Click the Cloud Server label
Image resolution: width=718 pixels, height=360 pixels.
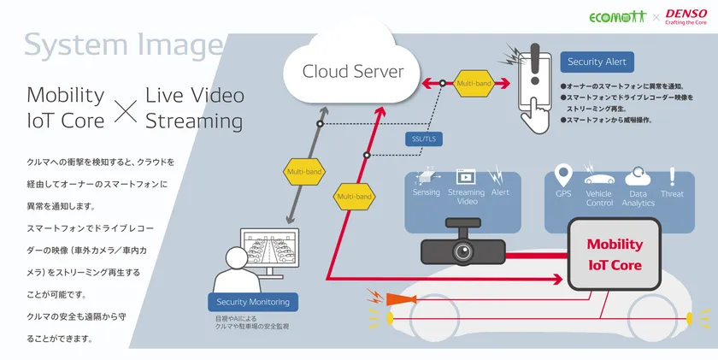click(x=352, y=71)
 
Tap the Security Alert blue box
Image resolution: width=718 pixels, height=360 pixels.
click(x=597, y=62)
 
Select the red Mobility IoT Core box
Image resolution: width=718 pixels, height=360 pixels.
click(x=614, y=254)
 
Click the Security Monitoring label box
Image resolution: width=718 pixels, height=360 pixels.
click(x=252, y=302)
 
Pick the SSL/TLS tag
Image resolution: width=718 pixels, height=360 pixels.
click(x=423, y=139)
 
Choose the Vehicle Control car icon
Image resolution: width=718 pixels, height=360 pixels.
click(x=599, y=178)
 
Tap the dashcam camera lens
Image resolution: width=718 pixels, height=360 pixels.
click(x=463, y=252)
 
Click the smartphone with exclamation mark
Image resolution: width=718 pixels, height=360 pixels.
click(x=533, y=85)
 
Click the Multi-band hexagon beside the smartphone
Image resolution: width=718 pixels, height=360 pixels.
click(x=474, y=84)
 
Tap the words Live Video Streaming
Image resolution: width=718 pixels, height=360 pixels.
click(x=194, y=108)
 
